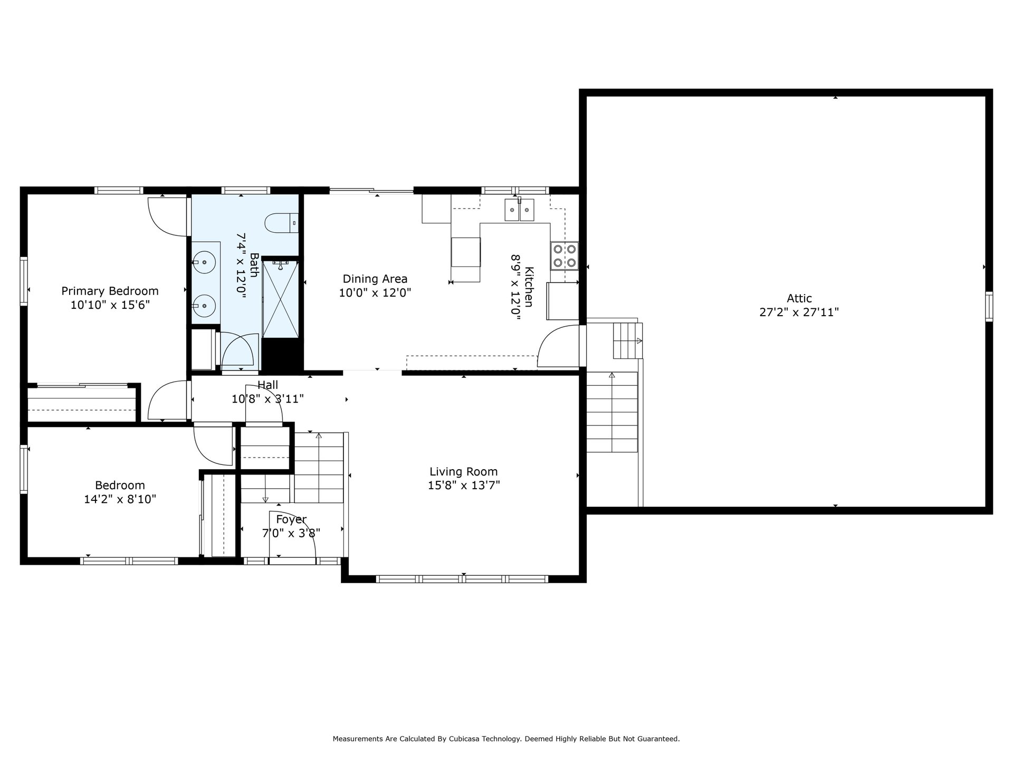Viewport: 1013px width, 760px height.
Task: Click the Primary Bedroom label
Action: pos(110,291)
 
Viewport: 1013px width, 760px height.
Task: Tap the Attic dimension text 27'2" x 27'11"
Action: pos(799,312)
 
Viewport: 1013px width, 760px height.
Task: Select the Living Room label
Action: pos(463,471)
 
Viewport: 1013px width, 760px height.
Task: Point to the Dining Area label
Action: pos(375,279)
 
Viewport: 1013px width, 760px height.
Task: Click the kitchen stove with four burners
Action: pos(565,256)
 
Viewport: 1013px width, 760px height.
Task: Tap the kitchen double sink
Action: pos(519,210)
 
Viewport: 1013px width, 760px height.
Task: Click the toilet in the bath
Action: pos(281,223)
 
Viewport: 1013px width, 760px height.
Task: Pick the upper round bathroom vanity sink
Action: pos(204,261)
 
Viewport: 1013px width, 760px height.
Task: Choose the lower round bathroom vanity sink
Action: pos(204,305)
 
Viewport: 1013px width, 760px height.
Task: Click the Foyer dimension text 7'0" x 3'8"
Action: pos(291,533)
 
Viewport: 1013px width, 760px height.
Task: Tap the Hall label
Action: pos(267,385)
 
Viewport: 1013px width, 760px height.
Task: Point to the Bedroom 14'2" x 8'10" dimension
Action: pos(120,499)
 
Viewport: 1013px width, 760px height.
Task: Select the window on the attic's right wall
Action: pos(989,306)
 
